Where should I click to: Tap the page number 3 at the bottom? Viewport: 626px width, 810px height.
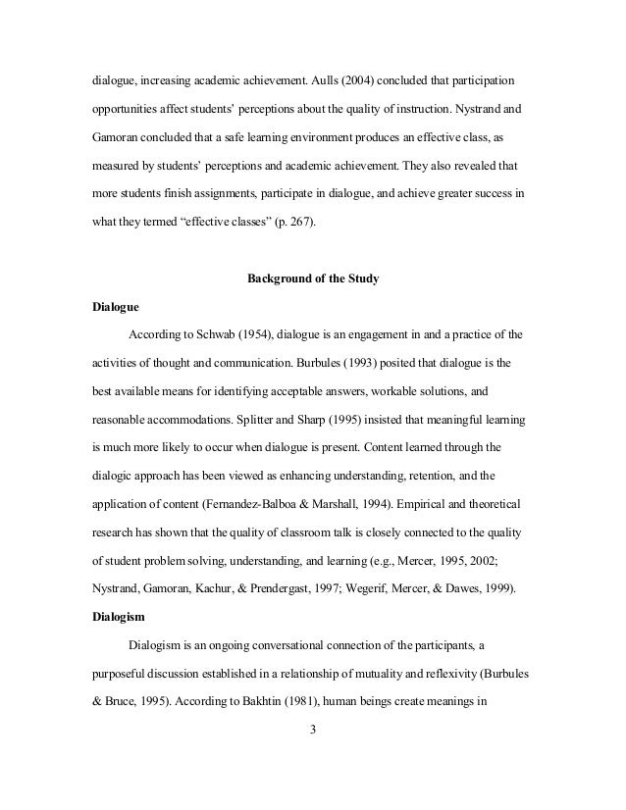tap(312, 729)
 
